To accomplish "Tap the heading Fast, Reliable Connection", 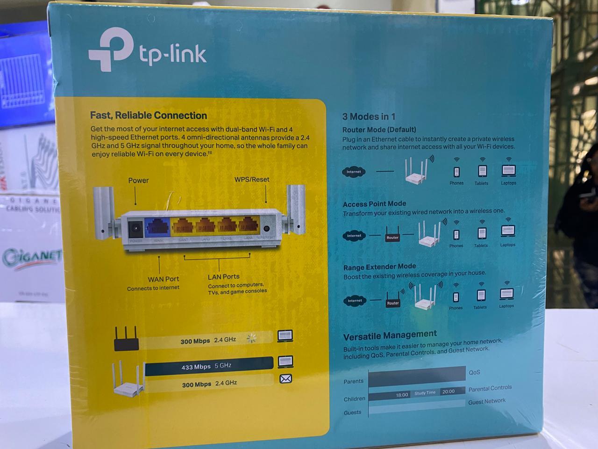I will tap(149, 116).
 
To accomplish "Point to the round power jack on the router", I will tap(136, 229).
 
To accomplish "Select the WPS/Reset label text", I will tap(252, 180).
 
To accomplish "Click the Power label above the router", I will tap(138, 181).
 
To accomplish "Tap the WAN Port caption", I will tap(164, 279).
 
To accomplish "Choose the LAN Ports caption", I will tap(223, 277).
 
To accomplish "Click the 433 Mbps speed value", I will tap(196, 367).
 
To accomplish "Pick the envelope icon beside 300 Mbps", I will tap(285, 379).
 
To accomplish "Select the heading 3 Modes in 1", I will tap(369, 116).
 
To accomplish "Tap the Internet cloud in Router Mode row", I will tap(354, 172).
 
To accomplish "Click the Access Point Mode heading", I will tap(374, 204).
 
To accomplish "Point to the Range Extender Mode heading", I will tap(379, 267).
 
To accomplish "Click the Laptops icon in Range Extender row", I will tap(507, 294).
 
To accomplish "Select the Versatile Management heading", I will tap(390, 335).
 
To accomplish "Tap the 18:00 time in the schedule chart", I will tap(402, 395).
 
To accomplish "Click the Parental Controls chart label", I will tap(490, 388).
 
